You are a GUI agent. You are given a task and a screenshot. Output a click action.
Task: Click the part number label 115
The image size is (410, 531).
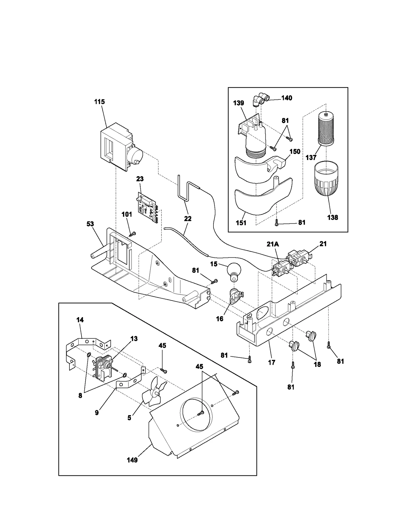(x=99, y=102)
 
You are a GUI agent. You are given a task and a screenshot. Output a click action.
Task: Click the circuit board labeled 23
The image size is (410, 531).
(x=148, y=207)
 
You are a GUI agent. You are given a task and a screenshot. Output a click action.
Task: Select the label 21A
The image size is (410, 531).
(x=273, y=244)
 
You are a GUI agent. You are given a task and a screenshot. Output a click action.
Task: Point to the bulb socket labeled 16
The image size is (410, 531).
(x=235, y=296)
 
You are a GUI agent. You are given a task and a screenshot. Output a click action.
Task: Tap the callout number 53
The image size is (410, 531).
(x=90, y=224)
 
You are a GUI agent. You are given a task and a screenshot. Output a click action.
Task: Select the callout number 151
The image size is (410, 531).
(x=241, y=223)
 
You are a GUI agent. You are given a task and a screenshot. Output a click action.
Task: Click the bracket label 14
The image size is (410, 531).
(x=80, y=320)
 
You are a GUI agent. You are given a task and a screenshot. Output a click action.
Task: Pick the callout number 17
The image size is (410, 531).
(x=272, y=362)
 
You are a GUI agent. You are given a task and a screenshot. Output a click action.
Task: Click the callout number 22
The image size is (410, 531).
(x=188, y=218)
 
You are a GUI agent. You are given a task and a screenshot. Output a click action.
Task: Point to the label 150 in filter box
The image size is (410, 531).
(x=295, y=151)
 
